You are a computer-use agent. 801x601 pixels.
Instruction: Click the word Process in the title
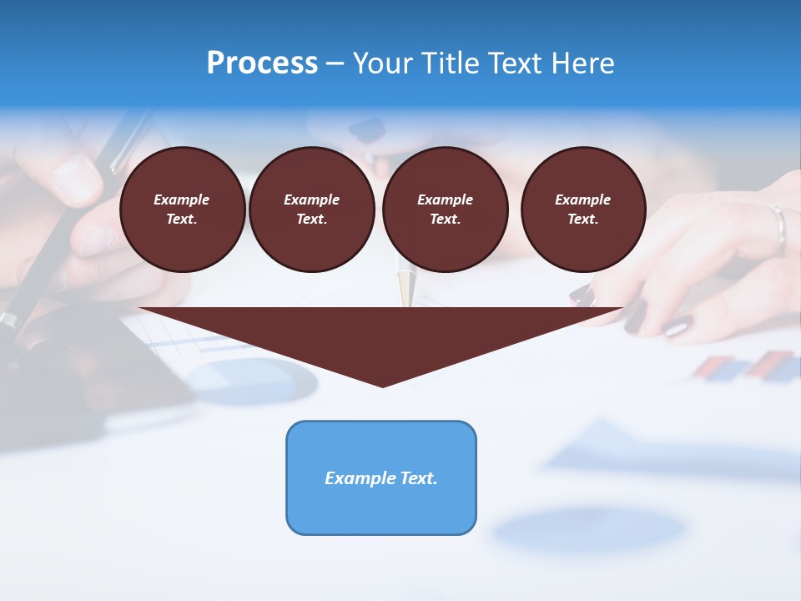[x=262, y=63]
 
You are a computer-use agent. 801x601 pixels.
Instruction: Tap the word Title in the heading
[x=450, y=63]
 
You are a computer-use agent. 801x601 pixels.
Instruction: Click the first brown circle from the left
[x=183, y=210]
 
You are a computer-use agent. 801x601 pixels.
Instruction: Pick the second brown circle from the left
[x=311, y=210]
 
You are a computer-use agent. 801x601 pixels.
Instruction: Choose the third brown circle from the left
[x=445, y=210]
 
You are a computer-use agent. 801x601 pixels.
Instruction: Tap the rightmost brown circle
[x=583, y=210]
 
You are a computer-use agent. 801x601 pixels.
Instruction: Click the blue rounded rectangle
[x=381, y=477]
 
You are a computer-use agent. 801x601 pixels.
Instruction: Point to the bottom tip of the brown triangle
[x=382, y=385]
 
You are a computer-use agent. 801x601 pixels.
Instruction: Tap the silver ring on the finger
[x=779, y=227]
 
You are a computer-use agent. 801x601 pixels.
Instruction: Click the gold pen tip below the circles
[x=406, y=288]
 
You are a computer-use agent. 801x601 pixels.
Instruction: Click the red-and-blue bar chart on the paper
[x=747, y=366]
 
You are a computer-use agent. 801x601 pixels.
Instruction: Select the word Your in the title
[x=384, y=63]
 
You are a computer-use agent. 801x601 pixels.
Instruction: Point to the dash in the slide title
[x=335, y=63]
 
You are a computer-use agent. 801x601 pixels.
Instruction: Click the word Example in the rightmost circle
[x=582, y=199]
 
